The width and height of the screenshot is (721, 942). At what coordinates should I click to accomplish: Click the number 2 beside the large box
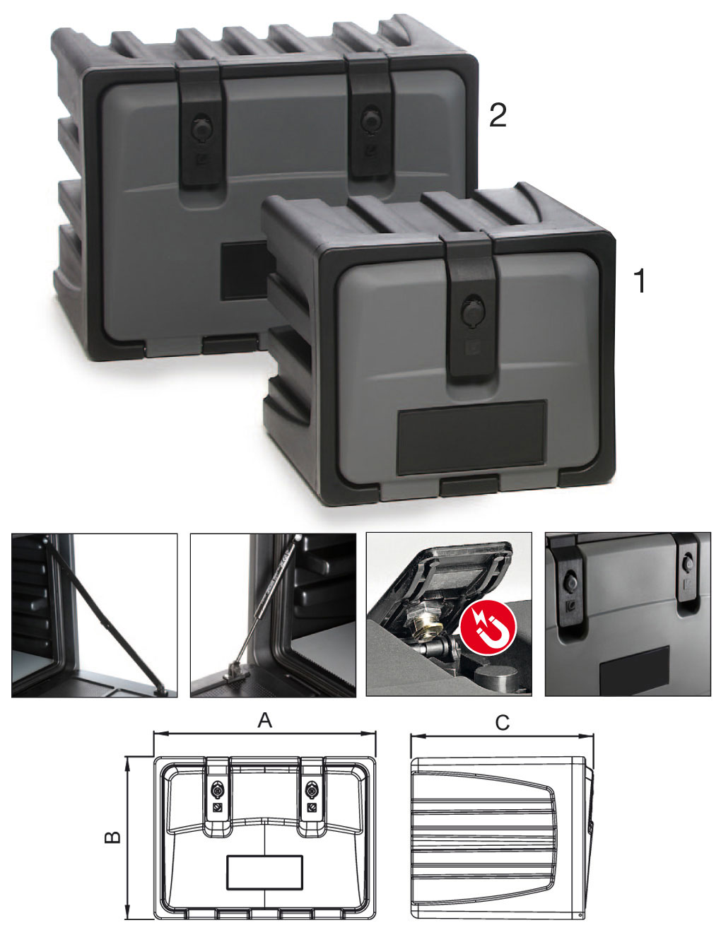pyautogui.click(x=498, y=115)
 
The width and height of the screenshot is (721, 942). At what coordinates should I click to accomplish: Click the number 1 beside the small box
pyautogui.click(x=640, y=281)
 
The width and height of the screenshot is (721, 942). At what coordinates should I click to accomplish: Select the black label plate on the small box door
pyautogui.click(x=472, y=437)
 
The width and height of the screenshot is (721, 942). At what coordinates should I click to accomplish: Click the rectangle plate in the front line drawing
pyautogui.click(x=265, y=873)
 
